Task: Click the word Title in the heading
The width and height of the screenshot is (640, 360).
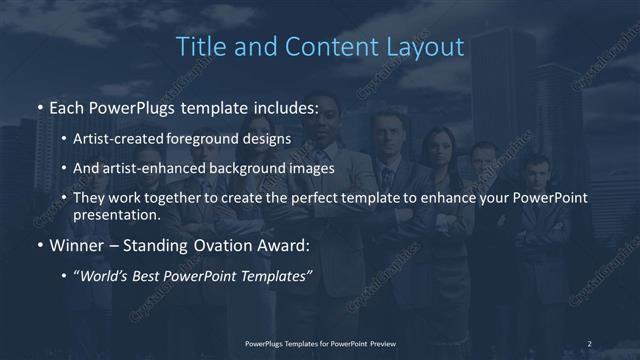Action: [199, 47]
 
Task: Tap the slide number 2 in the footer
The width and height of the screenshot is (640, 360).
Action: [590, 344]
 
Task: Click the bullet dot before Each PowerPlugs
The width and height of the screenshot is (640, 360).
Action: [39, 106]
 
